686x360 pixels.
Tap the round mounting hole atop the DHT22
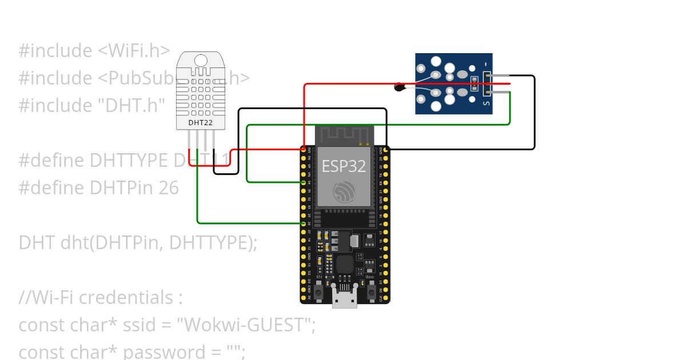pos(201,60)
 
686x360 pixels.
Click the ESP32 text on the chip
pos(344,166)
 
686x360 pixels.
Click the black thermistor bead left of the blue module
pos(400,87)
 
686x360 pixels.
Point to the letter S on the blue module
pos(486,103)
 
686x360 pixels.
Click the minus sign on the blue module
pos(486,62)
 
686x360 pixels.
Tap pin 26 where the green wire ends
pos(304,224)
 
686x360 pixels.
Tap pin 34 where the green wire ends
pos(304,182)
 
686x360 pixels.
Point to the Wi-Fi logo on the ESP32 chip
pos(344,191)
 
